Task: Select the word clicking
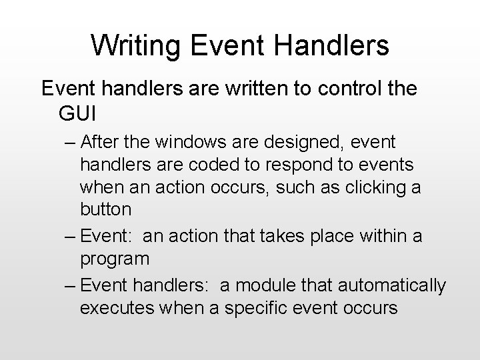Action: click(x=369, y=187)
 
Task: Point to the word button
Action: click(x=105, y=209)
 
